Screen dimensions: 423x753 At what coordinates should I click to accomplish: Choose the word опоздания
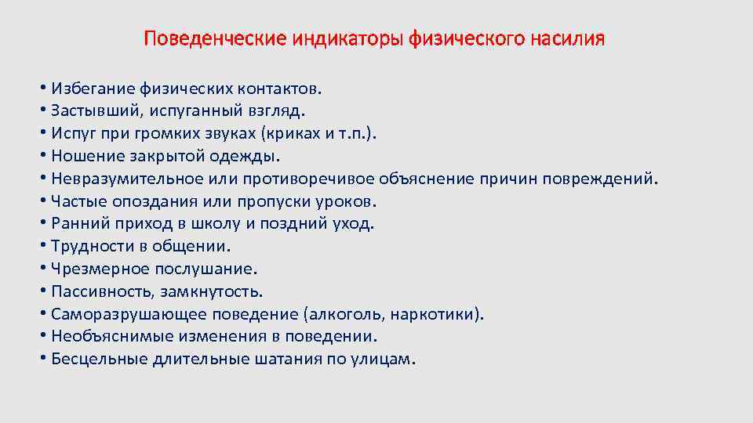pyautogui.click(x=154, y=201)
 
